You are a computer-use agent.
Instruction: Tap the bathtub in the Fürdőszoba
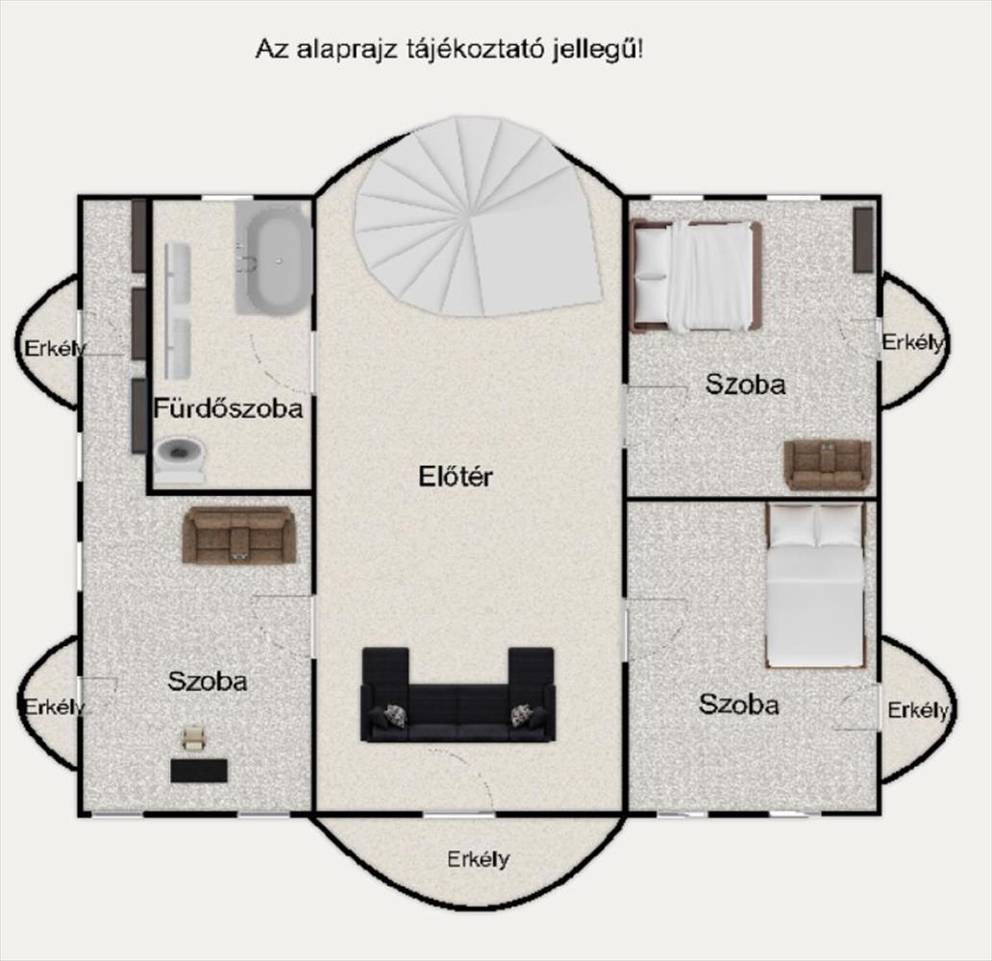[x=274, y=259]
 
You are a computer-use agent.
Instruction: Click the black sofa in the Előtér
[x=459, y=695]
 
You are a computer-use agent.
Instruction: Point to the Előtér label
[x=455, y=477]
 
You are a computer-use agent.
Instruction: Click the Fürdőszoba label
[x=229, y=408]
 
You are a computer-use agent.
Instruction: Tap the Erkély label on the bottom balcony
[x=478, y=859]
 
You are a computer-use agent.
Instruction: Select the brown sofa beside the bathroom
[x=238, y=535]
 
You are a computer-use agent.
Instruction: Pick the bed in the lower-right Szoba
[x=815, y=586]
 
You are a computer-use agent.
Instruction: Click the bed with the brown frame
[x=696, y=276]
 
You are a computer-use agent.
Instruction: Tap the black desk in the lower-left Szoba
[x=199, y=771]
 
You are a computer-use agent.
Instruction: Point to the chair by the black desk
[x=193, y=738]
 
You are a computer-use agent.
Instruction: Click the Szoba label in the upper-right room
[x=746, y=384]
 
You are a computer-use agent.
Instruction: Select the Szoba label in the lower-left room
[x=208, y=681]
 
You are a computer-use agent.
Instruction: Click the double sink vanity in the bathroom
[x=178, y=310]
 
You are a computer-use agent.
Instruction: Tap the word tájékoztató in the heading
[x=475, y=49]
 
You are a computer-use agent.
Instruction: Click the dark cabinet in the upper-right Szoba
[x=863, y=240]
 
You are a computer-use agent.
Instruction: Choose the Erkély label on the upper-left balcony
[x=55, y=348]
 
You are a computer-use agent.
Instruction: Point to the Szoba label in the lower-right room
[x=738, y=704]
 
